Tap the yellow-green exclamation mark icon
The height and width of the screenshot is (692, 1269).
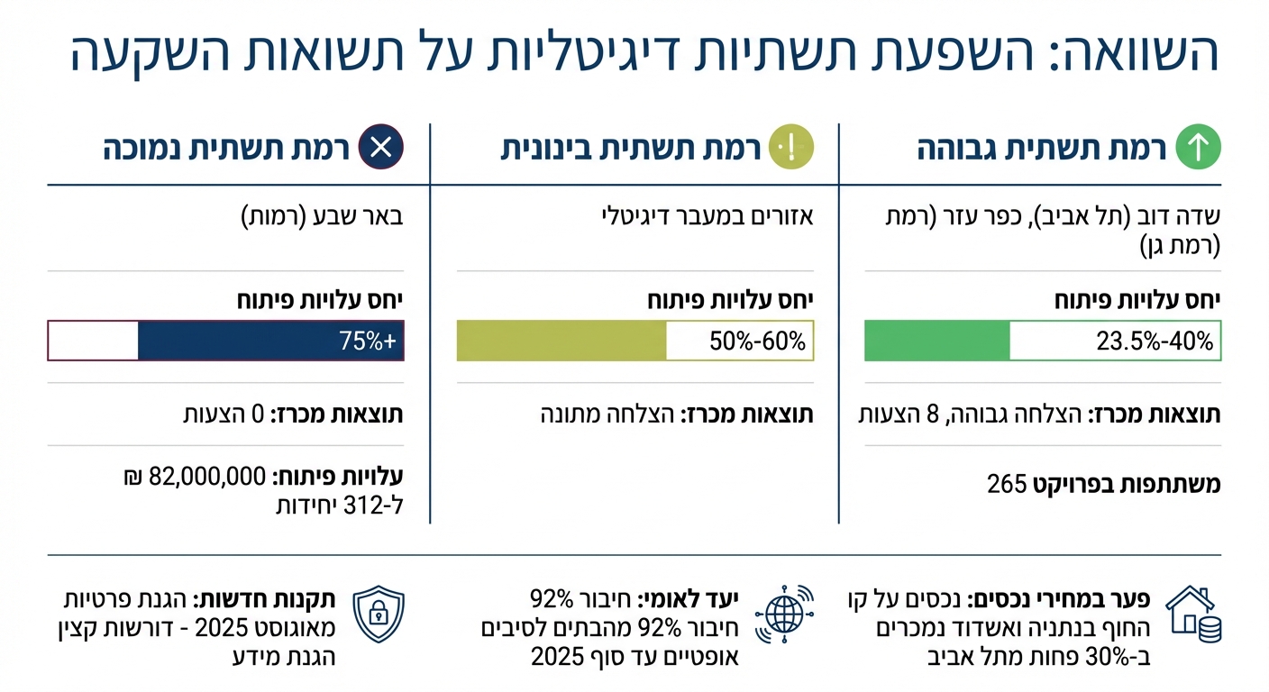(792, 148)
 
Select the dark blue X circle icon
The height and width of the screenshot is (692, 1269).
(380, 148)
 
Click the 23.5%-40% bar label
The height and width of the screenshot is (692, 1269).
(1155, 341)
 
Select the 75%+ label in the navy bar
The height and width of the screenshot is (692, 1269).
(367, 341)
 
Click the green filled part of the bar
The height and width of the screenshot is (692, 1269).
(936, 341)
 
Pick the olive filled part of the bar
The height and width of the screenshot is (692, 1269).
(561, 341)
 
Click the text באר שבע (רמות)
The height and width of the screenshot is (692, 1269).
(323, 217)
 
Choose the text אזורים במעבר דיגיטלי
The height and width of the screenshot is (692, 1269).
(708, 217)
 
